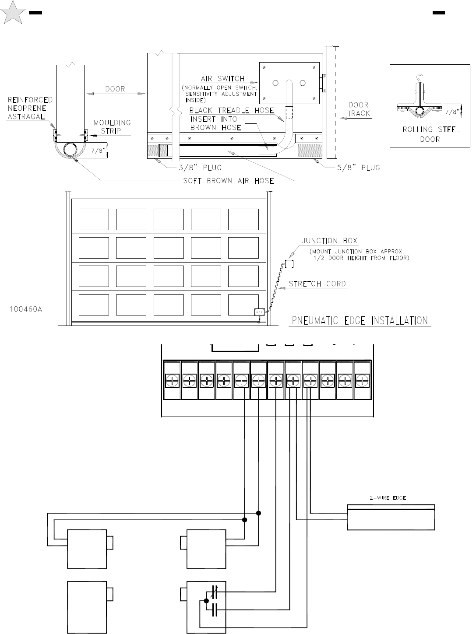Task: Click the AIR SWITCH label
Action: click(222, 79)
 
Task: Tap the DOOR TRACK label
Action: click(359, 109)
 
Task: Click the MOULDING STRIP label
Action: click(113, 127)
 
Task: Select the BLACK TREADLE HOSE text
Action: click(232, 111)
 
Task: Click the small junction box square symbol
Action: click(289, 264)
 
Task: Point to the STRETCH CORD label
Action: click(317, 284)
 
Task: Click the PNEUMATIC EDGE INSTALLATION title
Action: click(360, 321)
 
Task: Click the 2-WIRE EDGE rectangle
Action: click(391, 517)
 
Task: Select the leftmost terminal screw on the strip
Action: click(172, 381)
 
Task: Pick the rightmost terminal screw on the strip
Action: click(363, 381)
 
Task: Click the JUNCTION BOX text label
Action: click(330, 241)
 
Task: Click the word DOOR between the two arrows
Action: click(115, 89)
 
